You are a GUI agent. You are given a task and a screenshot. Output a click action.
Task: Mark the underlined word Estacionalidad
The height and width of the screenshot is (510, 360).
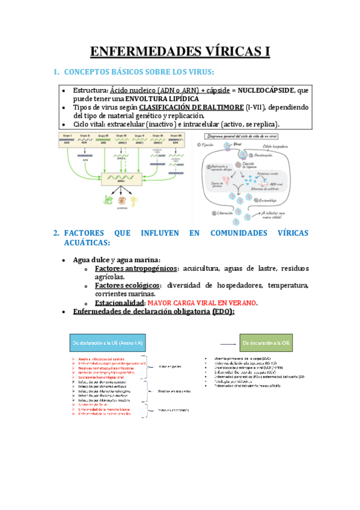pyautogui.click(x=120, y=303)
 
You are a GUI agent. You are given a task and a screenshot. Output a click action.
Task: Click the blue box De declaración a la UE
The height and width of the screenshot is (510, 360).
pyautogui.click(x=111, y=342)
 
